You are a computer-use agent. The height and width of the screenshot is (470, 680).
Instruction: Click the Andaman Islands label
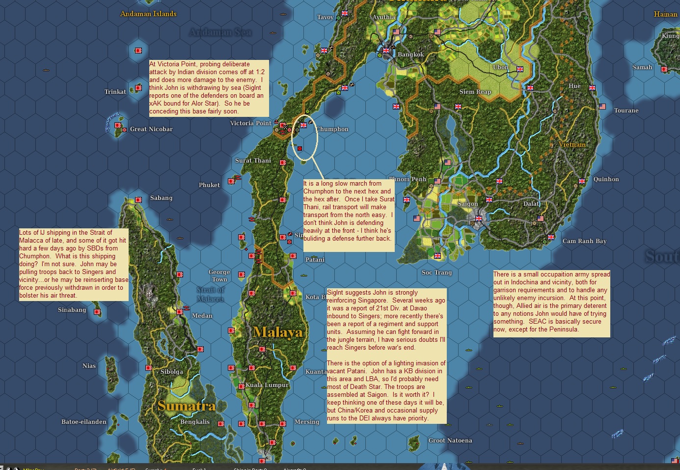(x=148, y=14)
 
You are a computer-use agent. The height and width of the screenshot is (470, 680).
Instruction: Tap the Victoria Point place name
(x=250, y=123)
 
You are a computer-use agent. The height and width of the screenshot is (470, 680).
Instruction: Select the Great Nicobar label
(x=151, y=129)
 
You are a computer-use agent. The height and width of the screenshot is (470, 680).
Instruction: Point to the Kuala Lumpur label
(x=267, y=385)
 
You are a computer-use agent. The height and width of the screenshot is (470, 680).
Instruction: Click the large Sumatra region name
(x=187, y=406)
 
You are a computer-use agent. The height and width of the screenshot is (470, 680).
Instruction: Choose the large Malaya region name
(x=278, y=332)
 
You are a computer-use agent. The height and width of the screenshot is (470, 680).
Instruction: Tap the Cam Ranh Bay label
(x=584, y=241)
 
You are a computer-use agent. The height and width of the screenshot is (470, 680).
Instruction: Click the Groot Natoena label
(x=450, y=441)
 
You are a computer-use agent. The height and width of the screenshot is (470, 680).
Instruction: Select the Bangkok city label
(x=410, y=55)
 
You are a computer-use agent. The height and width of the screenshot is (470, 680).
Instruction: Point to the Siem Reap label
(x=475, y=92)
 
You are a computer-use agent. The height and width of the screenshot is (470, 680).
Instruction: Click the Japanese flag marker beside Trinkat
(x=138, y=88)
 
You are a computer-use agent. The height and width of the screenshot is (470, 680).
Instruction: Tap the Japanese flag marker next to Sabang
(x=138, y=200)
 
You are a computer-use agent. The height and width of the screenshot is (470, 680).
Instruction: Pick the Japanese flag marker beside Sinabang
(x=97, y=312)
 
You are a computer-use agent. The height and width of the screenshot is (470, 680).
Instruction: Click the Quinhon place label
(x=606, y=179)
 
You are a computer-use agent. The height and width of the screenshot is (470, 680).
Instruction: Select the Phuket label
(x=209, y=185)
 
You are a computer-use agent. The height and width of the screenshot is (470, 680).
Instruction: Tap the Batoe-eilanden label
(x=84, y=422)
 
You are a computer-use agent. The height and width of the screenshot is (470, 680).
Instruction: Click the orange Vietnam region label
(x=572, y=144)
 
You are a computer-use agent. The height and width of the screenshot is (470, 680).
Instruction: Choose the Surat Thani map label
(x=253, y=161)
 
